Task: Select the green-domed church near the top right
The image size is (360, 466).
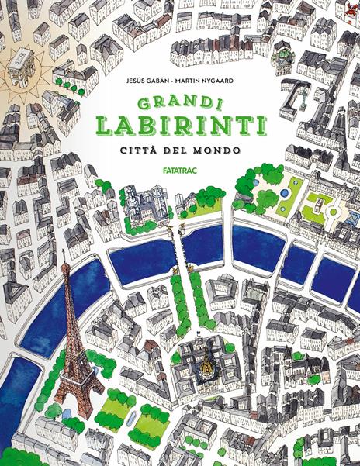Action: point(284,54)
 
